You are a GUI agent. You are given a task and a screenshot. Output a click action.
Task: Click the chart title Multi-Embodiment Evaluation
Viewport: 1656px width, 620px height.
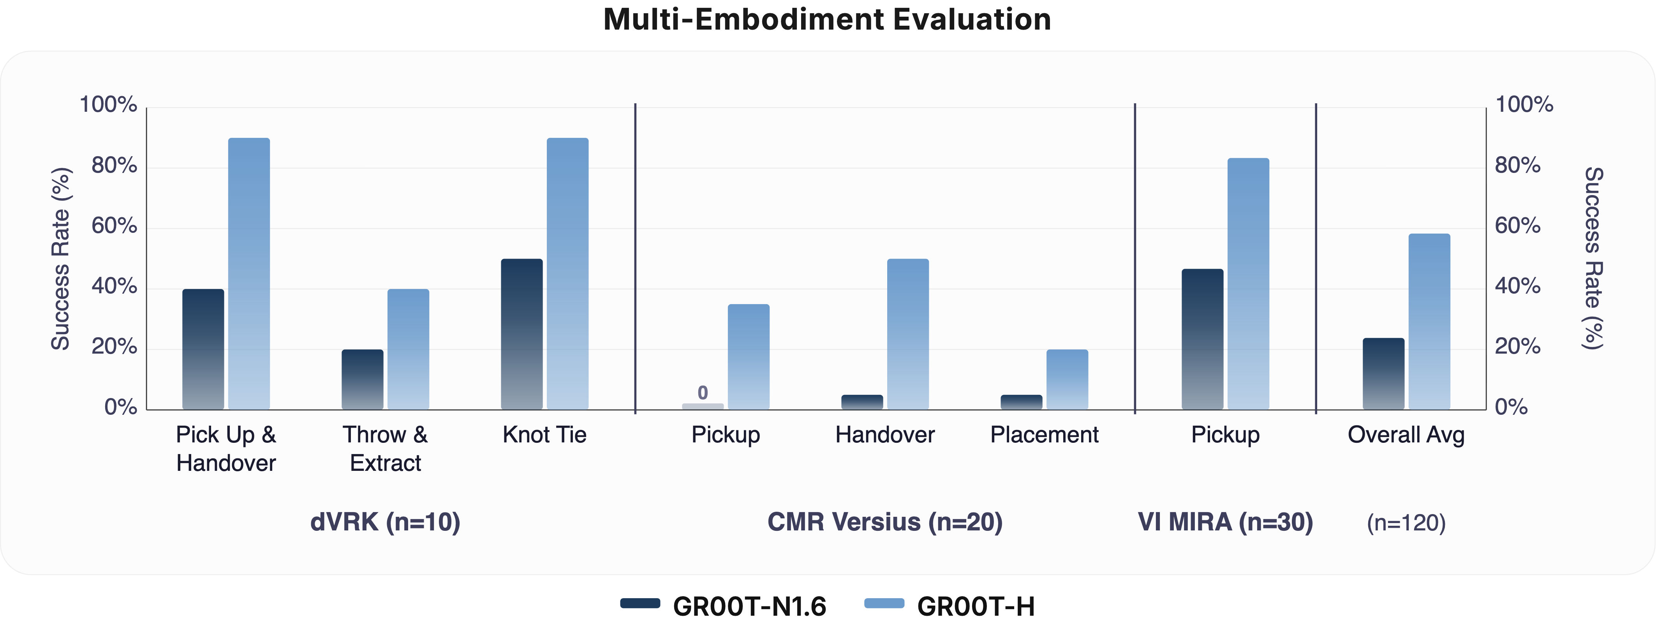827,19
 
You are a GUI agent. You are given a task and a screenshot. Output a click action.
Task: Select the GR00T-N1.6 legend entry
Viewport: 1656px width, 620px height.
723,605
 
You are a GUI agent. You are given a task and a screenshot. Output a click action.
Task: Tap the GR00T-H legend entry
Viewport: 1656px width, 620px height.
950,605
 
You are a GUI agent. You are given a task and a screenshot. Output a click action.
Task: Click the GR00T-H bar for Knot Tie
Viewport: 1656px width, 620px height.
567,273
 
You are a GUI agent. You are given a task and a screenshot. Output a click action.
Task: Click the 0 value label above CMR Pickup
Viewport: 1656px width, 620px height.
703,392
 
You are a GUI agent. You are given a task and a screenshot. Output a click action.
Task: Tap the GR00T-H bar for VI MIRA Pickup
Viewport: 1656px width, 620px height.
1248,284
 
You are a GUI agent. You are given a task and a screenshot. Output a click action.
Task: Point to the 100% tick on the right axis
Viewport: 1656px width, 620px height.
1524,104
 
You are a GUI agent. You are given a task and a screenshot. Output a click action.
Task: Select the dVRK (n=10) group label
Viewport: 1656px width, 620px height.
385,521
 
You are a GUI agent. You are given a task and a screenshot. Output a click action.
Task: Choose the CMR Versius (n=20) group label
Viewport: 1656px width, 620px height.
884,521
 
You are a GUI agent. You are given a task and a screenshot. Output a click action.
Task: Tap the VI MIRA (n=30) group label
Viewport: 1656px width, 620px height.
1224,521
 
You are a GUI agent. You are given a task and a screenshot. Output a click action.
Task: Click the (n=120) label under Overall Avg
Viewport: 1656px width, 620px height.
1406,523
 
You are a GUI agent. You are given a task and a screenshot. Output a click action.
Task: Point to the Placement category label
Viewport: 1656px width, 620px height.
1044,435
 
